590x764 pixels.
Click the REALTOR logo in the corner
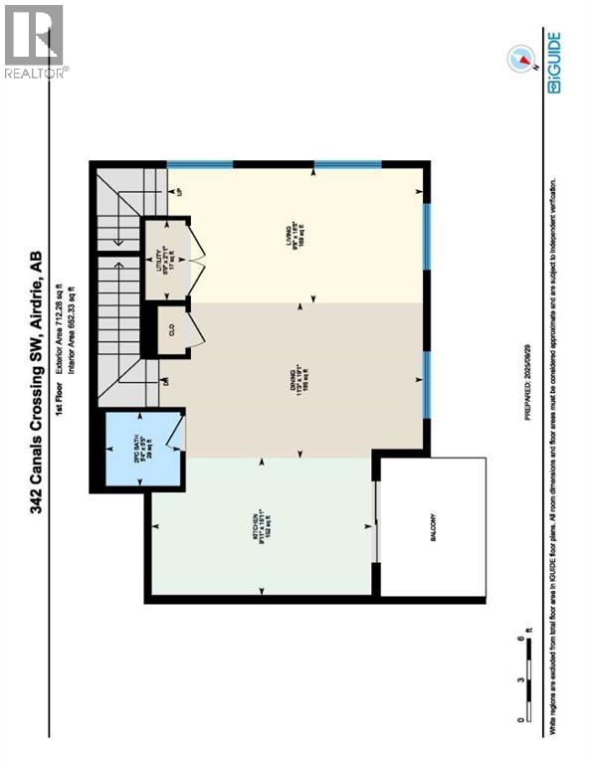point(34,40)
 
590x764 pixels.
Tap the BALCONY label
point(432,526)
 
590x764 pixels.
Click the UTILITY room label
point(165,244)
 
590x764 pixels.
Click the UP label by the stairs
point(180,192)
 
